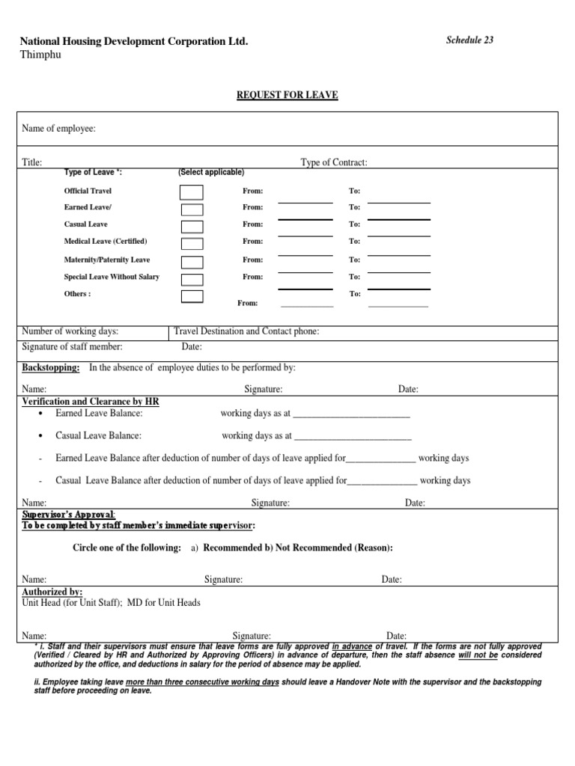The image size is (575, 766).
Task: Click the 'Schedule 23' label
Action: tap(469, 40)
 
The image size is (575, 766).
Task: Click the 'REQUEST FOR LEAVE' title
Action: tap(287, 95)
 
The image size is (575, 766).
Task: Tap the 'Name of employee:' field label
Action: tap(58, 129)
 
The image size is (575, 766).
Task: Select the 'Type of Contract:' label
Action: tap(334, 162)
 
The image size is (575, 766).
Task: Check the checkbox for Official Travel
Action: tap(192, 192)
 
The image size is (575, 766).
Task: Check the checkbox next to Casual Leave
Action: tap(192, 226)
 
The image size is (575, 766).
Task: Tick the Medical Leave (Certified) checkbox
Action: tap(192, 243)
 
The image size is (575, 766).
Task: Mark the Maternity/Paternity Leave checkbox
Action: tap(192, 261)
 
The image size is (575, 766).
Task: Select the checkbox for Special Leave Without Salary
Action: tap(192, 279)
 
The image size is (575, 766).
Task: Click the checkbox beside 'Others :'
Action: tap(192, 296)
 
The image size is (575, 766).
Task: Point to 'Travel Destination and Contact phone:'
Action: tap(246, 331)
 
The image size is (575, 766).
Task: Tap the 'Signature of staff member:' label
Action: tap(72, 346)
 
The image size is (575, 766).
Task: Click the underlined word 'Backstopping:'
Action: tap(51, 367)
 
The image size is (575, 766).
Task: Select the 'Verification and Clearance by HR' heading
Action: tap(90, 402)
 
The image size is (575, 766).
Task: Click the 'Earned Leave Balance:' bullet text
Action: tap(99, 413)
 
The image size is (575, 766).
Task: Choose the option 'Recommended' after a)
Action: tap(232, 548)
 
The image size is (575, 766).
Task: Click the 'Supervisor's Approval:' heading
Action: tap(68, 515)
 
